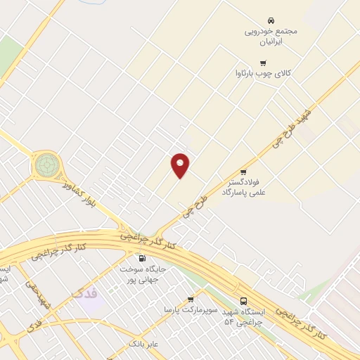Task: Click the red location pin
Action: coord(181,165)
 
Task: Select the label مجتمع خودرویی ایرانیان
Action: coord(271,37)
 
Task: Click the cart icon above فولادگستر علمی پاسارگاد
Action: coord(243,172)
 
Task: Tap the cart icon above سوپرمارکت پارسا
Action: coord(191,299)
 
